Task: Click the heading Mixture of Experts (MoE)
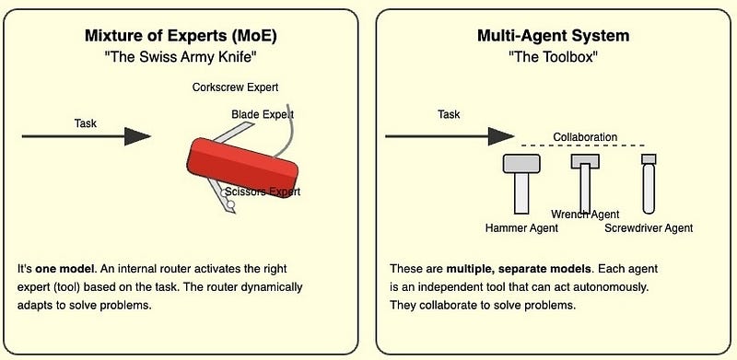[181, 37]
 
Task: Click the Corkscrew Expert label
[235, 88]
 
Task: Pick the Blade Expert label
[263, 114]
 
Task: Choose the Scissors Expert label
[263, 192]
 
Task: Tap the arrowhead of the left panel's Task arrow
[137, 136]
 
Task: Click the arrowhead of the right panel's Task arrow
[501, 136]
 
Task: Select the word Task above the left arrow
[86, 122]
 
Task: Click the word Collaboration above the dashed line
[585, 137]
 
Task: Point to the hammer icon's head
[522, 163]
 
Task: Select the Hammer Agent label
[521, 226]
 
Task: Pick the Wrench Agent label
[585, 215]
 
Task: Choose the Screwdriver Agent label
[649, 227]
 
